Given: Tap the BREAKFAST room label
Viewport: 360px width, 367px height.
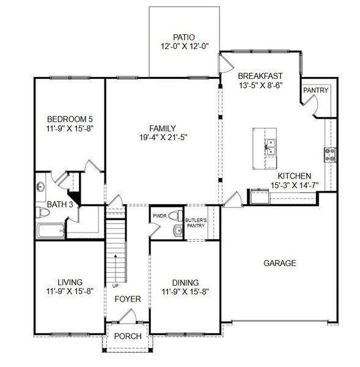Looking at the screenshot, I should point(260,76).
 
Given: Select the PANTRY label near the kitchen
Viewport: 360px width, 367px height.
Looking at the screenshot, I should point(315,91).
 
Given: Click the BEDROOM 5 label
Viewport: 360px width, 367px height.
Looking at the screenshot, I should point(70,119).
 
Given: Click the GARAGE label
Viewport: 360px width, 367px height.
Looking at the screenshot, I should point(279,264).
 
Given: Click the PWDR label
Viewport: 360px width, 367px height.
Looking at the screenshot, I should point(160,216).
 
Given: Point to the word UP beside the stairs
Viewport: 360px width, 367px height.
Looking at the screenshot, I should point(115,285).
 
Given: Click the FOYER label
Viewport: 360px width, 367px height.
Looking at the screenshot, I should point(128,299).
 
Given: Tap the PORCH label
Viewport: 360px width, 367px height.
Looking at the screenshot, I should point(128,336).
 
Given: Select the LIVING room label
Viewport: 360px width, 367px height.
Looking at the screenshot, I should point(70,282).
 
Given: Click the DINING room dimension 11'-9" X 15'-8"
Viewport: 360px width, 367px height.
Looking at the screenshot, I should point(185,292).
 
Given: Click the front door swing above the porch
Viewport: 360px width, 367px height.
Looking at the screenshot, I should point(127,316).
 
